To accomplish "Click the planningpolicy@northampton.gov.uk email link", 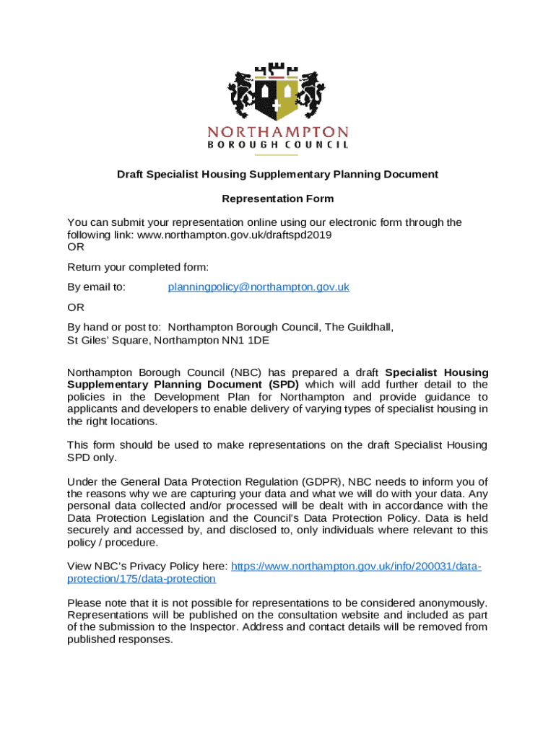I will [x=259, y=287].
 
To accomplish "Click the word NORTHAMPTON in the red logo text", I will [x=278, y=132].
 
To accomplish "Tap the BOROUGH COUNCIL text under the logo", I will [x=278, y=144].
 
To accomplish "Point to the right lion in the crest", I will [x=312, y=94].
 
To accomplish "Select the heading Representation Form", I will [x=278, y=198].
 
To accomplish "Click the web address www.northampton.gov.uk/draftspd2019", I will [x=235, y=235].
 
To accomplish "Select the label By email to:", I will [x=96, y=287].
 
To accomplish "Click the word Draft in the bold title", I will [x=132, y=175].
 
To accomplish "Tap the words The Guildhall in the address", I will [x=358, y=328].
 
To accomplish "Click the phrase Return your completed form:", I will [x=128, y=268].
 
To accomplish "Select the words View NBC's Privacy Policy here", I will [x=147, y=567].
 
